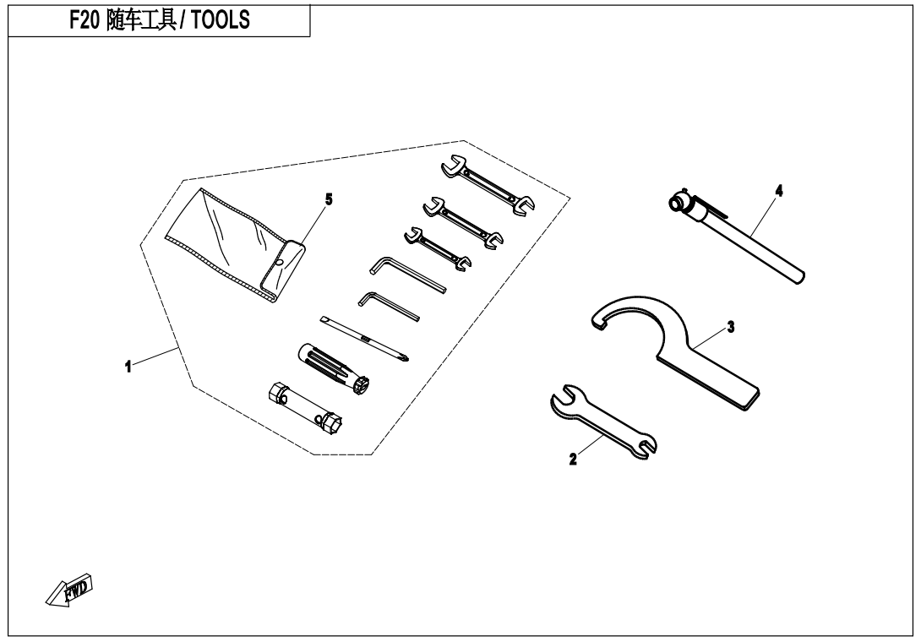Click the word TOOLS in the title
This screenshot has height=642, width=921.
pos(221,20)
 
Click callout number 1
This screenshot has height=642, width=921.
pos(128,367)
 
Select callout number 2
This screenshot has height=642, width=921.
pos(573,460)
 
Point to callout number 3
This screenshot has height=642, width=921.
pos(731,327)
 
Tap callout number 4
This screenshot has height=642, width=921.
pos(779,191)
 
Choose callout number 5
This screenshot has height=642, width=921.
pos(329,199)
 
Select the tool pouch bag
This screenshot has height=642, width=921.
pos(235,246)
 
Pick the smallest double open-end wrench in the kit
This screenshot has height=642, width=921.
pos(438,249)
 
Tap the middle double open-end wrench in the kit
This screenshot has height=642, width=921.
pos(463,220)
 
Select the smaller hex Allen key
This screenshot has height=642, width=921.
pos(388,307)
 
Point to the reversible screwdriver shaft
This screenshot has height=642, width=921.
pos(364,339)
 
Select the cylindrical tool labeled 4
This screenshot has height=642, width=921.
pos(737,237)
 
